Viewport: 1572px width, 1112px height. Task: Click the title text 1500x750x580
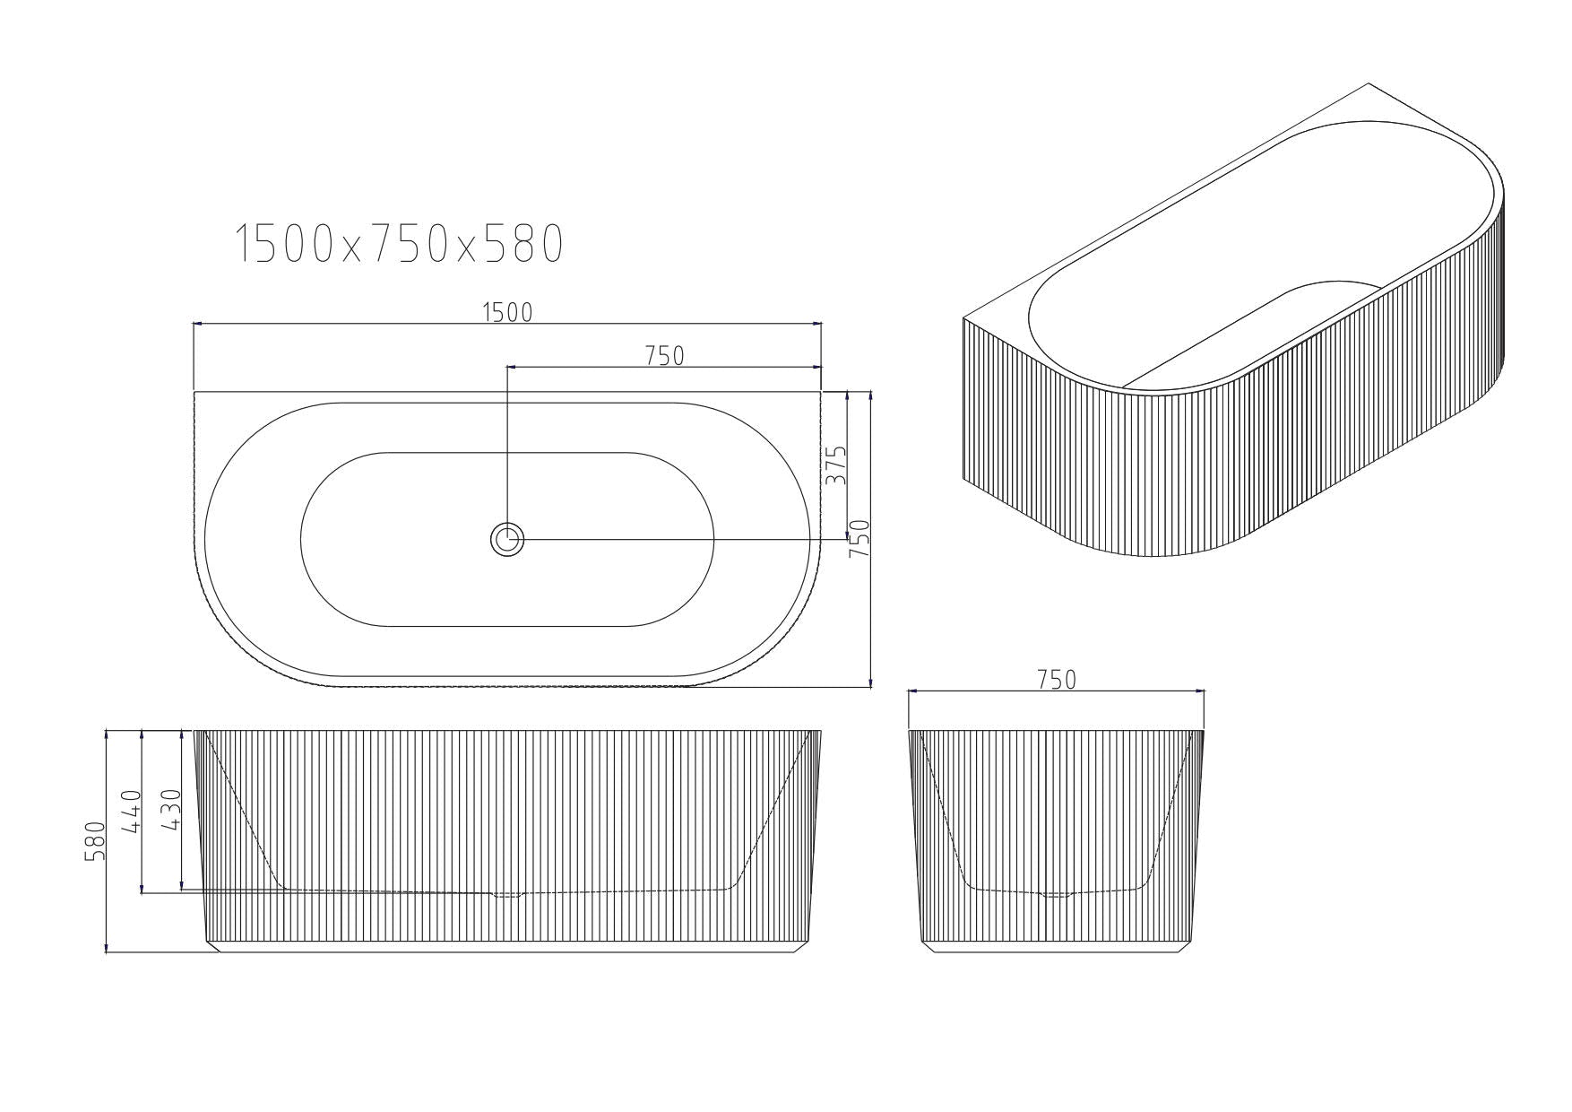pos(400,243)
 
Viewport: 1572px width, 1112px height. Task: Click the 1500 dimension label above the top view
pos(507,312)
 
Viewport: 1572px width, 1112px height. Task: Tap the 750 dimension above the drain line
pos(664,356)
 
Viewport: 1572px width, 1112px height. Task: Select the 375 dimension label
pos(835,465)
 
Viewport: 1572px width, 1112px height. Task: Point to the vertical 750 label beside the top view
pos(859,539)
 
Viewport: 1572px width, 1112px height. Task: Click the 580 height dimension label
pos(95,840)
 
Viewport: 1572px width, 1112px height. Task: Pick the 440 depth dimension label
pos(133,812)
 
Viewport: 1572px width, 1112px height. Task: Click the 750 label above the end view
pos(1056,680)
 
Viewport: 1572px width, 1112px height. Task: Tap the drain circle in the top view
pos(507,540)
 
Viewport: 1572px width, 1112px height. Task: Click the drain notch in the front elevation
pos(507,894)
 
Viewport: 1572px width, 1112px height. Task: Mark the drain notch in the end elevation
pos(1056,894)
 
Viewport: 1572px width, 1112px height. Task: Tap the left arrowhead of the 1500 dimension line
pos(197,323)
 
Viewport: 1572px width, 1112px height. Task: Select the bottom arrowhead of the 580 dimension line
pos(107,950)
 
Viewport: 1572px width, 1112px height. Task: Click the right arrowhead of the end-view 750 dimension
pos(1202,691)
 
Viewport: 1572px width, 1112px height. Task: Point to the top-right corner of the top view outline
pos(820,392)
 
